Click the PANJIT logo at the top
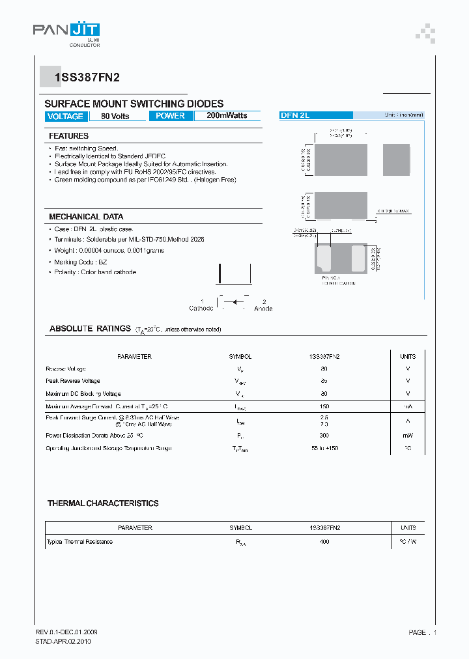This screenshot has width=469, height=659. [x=66, y=31]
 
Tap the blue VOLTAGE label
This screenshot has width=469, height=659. [x=65, y=116]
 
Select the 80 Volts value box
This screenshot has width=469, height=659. [x=115, y=116]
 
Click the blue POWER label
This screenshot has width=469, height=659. [x=171, y=116]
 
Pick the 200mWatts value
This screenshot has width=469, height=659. [x=227, y=116]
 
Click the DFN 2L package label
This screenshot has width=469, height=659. [x=295, y=115]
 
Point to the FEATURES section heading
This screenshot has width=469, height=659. [x=68, y=136]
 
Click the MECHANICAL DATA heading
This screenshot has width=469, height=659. [x=86, y=216]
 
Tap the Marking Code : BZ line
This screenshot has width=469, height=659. [x=81, y=262]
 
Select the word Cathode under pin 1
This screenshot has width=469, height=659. [x=201, y=308]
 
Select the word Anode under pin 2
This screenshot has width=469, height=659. [x=263, y=308]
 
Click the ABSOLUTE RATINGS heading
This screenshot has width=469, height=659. [x=90, y=329]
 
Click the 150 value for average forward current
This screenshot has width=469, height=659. [x=324, y=406]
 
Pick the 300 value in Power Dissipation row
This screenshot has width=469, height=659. [x=324, y=434]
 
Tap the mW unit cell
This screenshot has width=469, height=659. [x=408, y=434]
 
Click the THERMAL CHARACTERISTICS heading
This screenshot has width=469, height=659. [x=103, y=503]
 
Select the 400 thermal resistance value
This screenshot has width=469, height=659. [x=324, y=542]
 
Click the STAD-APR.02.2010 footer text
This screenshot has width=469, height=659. [x=63, y=641]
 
